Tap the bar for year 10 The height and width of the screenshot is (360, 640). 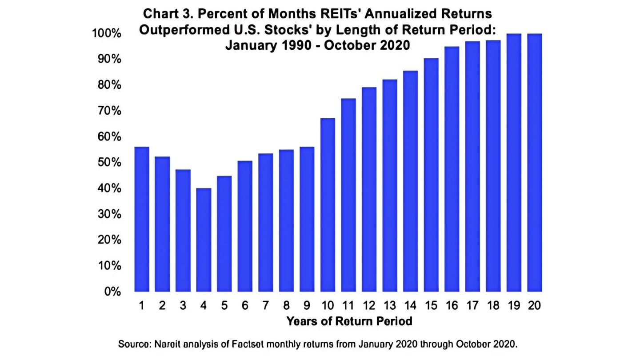click(328, 205)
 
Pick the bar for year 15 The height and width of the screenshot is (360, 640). click(431, 175)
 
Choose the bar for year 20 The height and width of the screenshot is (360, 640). click(535, 163)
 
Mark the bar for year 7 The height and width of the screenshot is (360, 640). click(266, 222)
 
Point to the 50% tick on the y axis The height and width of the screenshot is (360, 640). click(109, 162)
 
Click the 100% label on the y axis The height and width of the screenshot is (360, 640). click(107, 34)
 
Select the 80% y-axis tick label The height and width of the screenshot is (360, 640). click(109, 85)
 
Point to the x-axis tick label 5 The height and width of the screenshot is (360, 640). click(224, 306)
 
